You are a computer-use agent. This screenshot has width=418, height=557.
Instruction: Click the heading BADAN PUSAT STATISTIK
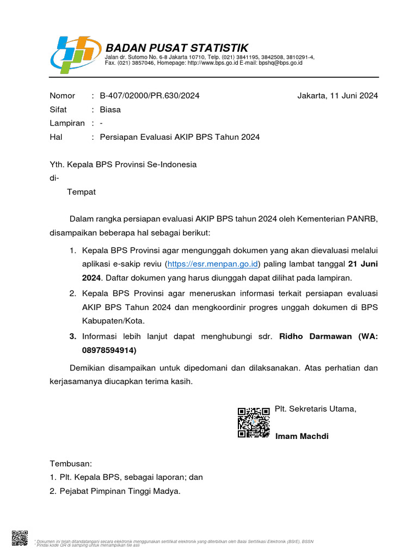(177, 47)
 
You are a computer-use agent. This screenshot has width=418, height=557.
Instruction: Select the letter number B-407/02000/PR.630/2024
(150, 96)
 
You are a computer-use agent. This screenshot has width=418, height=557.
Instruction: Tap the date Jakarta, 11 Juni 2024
(337, 96)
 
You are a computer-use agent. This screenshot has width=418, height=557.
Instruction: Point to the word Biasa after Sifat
(110, 109)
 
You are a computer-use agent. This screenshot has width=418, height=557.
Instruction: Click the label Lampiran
(67, 123)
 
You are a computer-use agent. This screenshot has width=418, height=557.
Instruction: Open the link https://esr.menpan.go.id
(213, 264)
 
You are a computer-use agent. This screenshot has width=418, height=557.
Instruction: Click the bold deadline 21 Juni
(362, 264)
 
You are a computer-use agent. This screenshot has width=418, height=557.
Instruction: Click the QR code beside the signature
(254, 422)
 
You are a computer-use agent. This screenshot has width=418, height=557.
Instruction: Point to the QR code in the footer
(20, 537)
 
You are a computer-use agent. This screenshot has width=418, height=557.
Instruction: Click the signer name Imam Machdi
(302, 436)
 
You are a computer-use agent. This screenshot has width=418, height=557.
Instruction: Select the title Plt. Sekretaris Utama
(316, 409)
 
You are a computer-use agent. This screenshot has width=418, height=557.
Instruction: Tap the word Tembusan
(71, 463)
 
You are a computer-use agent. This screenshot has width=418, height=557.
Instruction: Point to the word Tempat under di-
(81, 191)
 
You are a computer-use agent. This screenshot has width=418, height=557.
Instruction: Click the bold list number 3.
(72, 336)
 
